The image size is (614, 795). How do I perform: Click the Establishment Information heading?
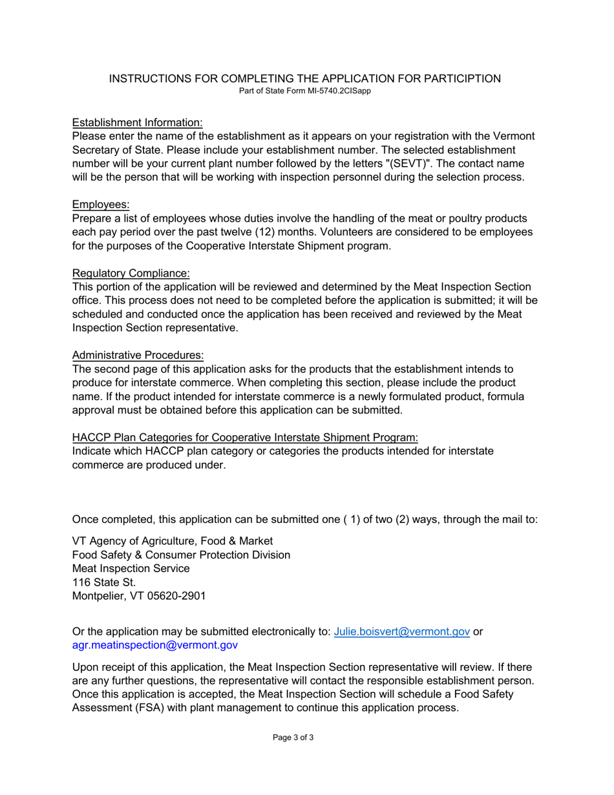(x=137, y=123)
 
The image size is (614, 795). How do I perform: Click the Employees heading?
(x=101, y=205)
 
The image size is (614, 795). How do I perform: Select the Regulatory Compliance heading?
(x=131, y=273)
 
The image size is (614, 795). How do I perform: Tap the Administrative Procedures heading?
(x=138, y=355)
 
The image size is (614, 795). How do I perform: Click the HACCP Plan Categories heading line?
(x=245, y=438)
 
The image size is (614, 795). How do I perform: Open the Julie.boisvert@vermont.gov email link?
(x=401, y=631)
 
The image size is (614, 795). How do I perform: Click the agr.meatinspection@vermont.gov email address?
(x=154, y=645)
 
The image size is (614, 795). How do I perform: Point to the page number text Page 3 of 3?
(x=293, y=737)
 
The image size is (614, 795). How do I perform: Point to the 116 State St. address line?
(x=104, y=582)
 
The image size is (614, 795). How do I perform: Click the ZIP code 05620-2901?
(x=176, y=596)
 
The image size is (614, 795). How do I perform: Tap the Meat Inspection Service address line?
(x=131, y=569)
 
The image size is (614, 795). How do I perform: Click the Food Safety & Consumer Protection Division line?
(x=181, y=555)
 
